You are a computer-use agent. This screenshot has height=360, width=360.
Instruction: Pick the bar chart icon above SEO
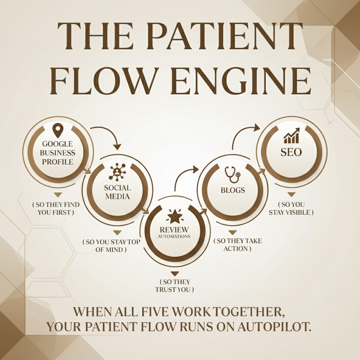pos(291,136)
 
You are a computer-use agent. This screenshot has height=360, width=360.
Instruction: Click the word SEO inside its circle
pos(291,153)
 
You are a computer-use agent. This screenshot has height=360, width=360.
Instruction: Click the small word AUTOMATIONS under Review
pos(174,236)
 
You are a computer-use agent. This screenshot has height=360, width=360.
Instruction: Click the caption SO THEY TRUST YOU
pos(175,286)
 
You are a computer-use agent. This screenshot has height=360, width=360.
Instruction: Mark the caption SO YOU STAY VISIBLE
pos(291,208)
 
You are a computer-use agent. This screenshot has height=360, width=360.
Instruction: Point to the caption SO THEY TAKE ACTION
pos(238,245)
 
